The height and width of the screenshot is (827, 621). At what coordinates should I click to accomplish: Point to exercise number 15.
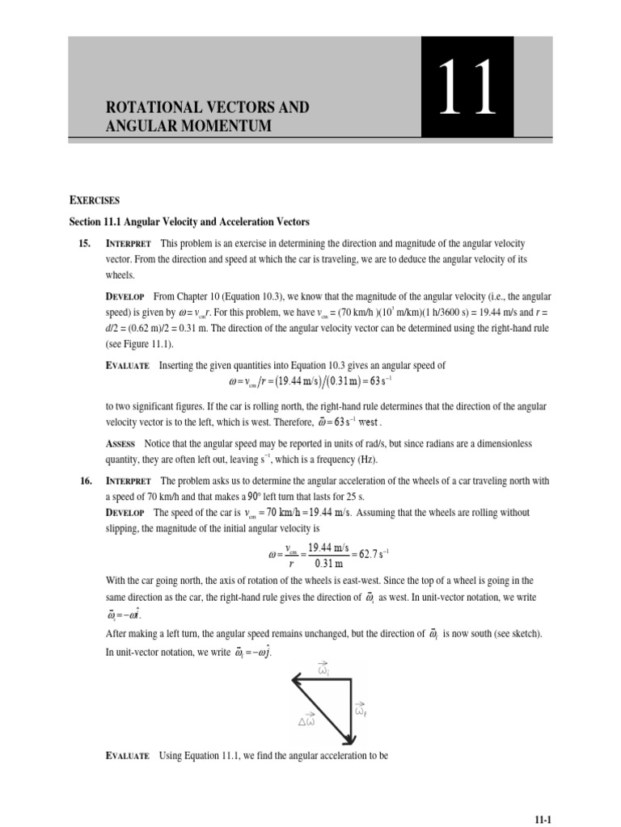click(x=84, y=243)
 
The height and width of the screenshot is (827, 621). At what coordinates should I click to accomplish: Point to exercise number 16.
click(x=84, y=481)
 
